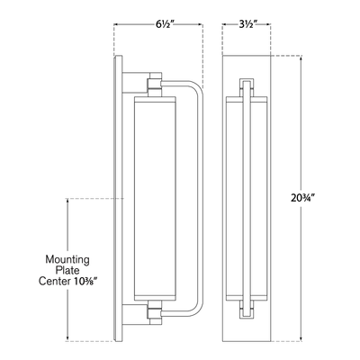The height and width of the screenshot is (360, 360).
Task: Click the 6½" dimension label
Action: (162, 24)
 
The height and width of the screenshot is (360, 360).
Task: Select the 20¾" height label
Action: (301, 198)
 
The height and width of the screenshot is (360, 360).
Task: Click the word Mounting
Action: (67, 259)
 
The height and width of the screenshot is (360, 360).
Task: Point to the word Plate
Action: (67, 271)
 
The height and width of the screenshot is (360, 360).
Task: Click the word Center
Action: (53, 282)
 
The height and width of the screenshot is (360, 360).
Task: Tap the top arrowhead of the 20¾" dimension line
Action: (301, 58)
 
